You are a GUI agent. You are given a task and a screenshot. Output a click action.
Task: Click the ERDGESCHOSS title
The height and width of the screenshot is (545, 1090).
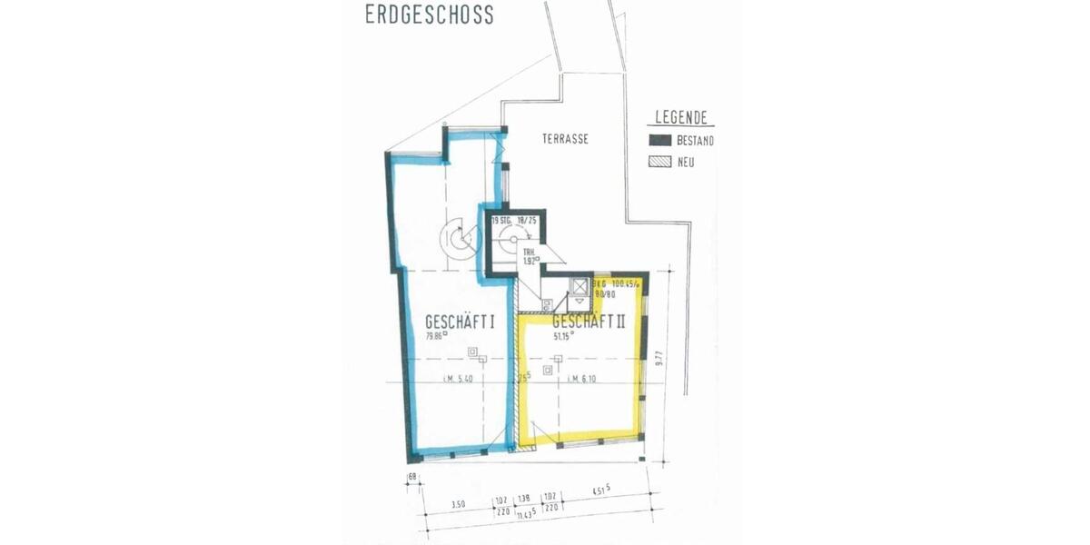[429, 15]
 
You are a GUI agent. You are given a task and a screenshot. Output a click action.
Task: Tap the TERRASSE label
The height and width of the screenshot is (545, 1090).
[565, 139]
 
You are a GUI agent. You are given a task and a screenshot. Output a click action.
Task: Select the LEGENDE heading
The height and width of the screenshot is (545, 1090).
[681, 119]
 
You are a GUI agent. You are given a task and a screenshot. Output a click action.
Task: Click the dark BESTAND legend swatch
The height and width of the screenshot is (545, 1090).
[659, 141]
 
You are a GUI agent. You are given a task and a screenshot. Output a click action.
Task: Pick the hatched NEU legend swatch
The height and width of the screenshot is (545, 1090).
[659, 163]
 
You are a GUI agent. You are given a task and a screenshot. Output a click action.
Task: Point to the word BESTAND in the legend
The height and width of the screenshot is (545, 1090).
[695, 141]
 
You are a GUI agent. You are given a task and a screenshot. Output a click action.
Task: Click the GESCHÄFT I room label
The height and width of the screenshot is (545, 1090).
[460, 322]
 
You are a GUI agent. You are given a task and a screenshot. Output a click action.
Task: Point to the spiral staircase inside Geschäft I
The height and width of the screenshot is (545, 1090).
[456, 239]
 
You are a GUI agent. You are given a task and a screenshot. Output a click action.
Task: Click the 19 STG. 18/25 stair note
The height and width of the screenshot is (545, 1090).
[516, 221]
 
